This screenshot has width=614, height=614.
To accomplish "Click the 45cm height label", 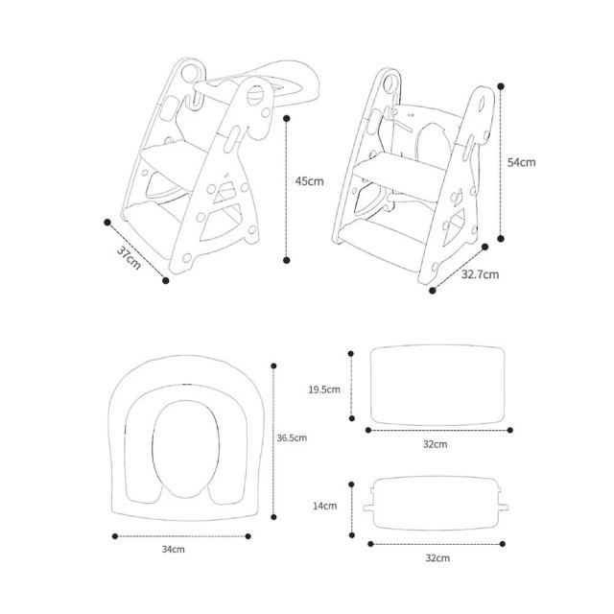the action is pos(309,181).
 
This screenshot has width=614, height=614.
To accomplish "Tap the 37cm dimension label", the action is pos(129,258).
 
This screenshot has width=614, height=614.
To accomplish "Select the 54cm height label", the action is pos(521,162).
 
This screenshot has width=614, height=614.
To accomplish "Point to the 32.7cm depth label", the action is pos(480,274).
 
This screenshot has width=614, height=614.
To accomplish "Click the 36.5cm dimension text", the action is pos(292,437).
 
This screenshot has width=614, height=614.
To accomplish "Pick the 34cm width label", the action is pos(173,550).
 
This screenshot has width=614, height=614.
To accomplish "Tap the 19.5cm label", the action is pos(324,390).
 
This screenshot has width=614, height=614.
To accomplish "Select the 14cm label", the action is pos(324,506).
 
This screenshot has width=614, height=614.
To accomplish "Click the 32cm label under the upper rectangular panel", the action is pos(435,444).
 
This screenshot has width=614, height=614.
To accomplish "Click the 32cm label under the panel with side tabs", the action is pos(437,558).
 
